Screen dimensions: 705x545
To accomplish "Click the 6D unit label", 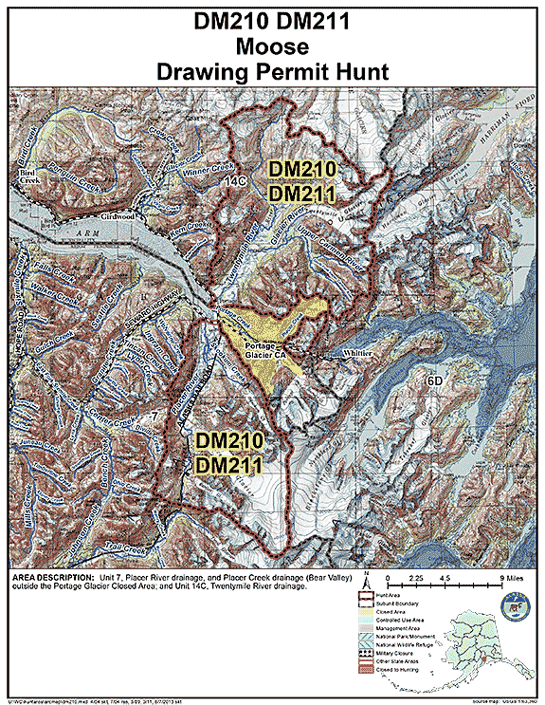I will click(434, 381).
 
